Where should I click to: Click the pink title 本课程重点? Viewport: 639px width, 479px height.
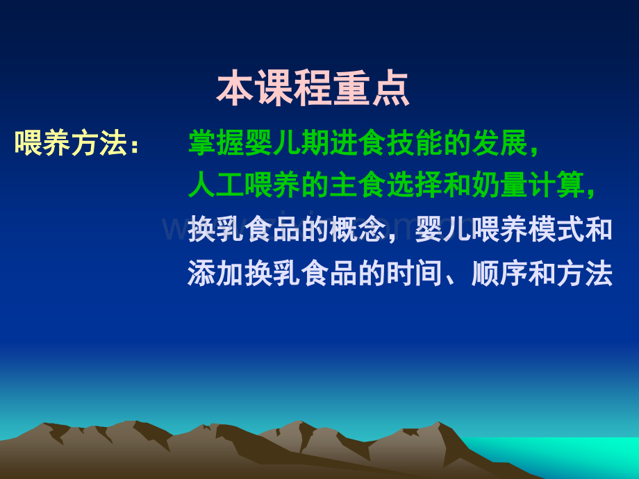click(x=313, y=88)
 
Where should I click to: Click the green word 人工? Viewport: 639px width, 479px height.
click(x=216, y=185)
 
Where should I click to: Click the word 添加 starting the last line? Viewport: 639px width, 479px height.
click(x=216, y=274)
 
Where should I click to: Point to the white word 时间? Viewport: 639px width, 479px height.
click(x=415, y=274)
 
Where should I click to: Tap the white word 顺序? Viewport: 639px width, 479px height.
click(x=499, y=274)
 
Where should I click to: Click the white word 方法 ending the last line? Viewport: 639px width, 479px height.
click(x=585, y=274)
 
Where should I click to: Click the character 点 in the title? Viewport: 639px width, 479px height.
click(x=390, y=88)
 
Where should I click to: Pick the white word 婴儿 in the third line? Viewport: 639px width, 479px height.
click(x=442, y=230)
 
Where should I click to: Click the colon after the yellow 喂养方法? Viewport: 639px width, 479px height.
click(x=135, y=146)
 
